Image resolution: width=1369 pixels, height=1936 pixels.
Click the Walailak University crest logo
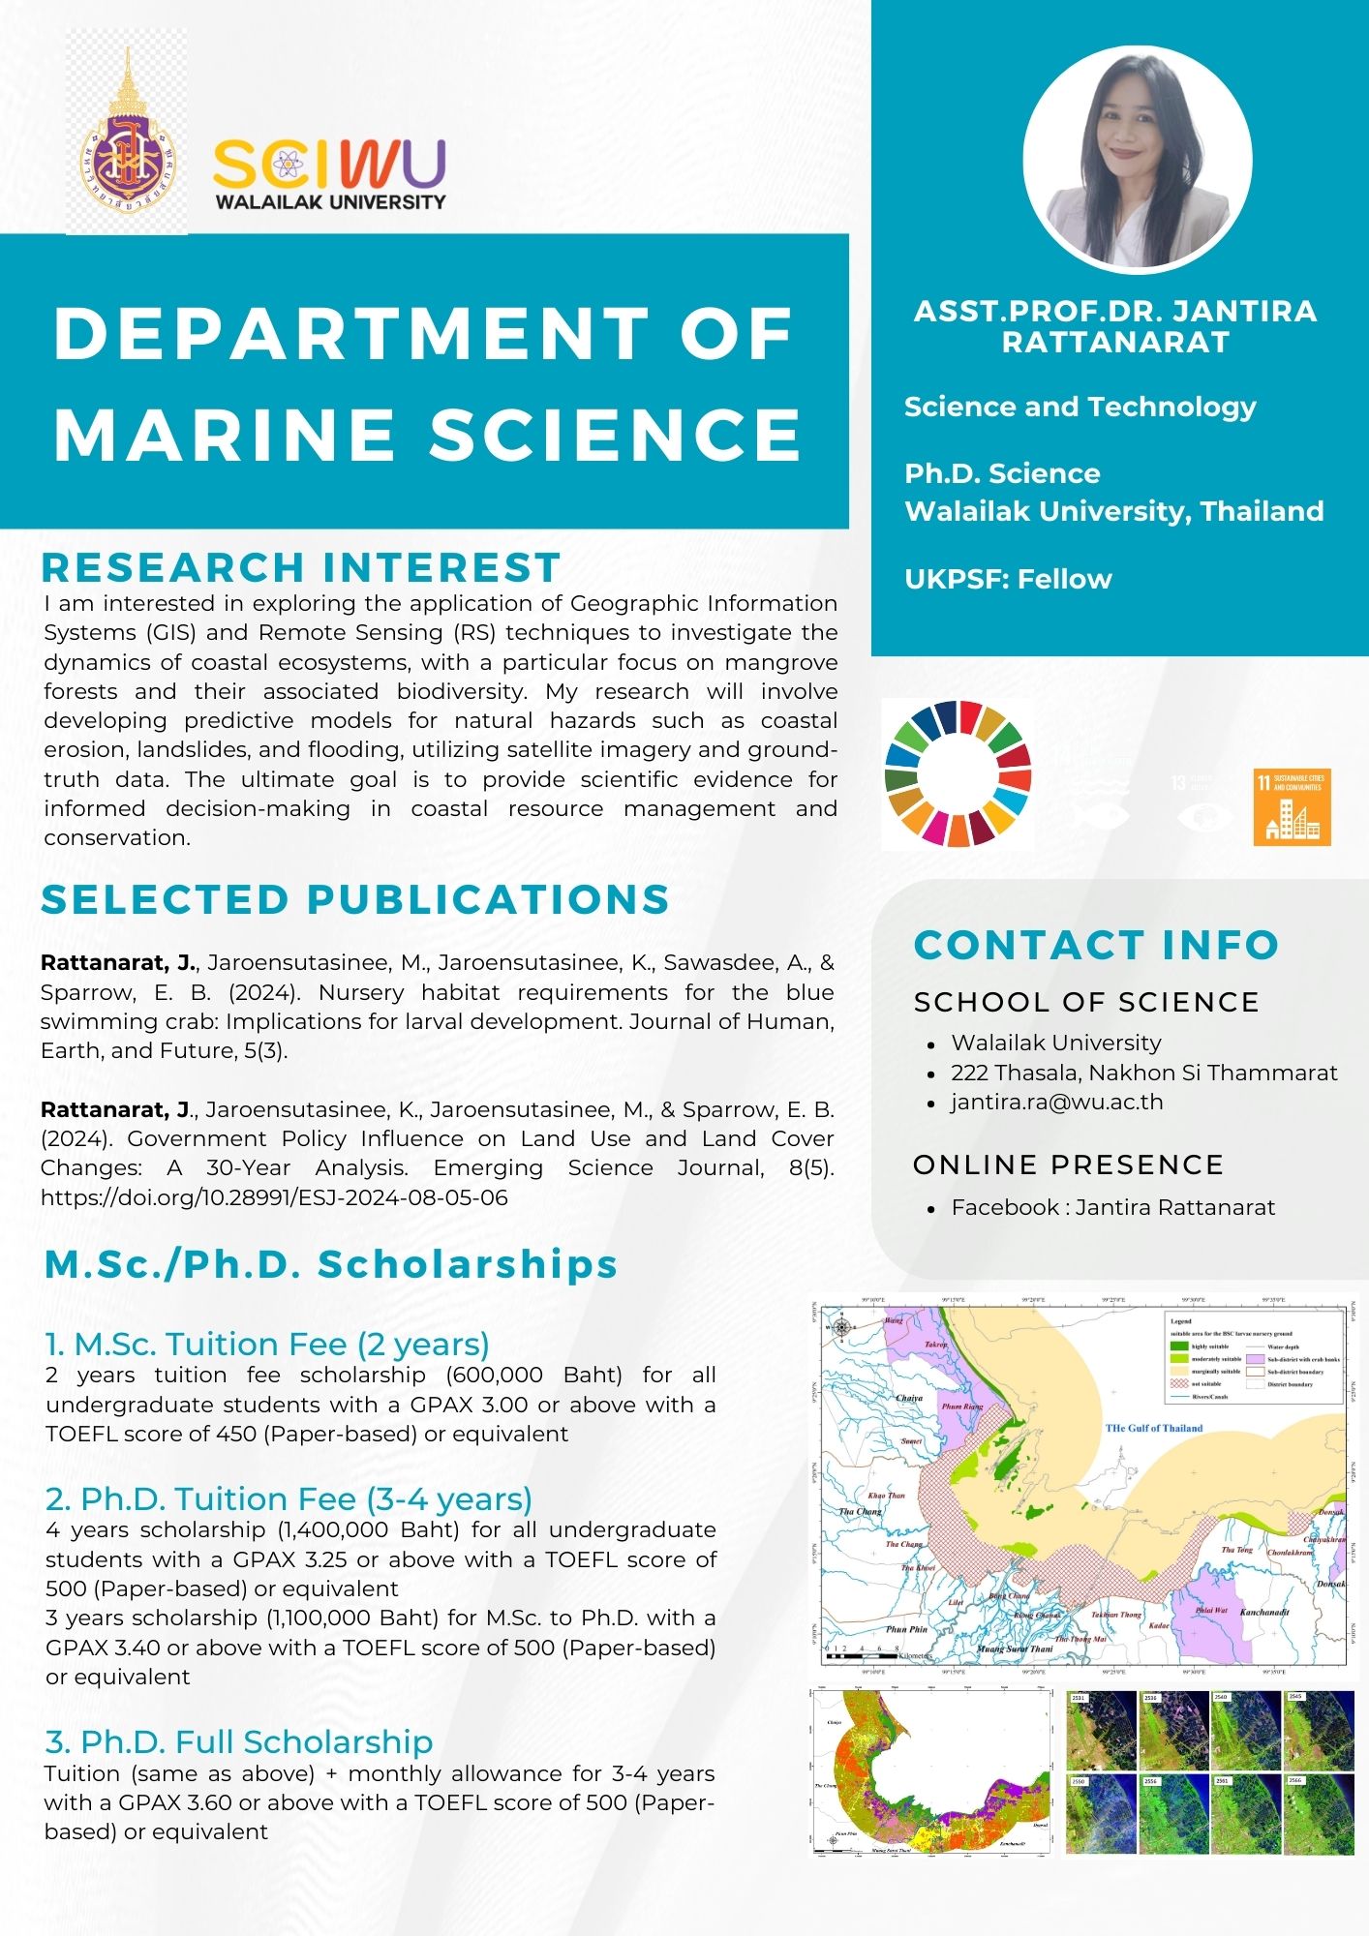click(127, 136)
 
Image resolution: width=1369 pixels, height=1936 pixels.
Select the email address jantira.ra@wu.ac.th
click(1056, 1102)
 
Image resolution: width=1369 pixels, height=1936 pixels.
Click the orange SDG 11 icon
click(1292, 807)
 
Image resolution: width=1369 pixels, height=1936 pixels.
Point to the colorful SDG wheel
click(958, 773)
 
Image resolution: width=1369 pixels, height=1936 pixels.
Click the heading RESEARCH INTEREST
click(301, 567)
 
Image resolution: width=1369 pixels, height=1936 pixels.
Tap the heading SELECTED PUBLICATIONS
click(355, 899)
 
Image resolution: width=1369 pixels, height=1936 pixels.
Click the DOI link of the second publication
click(274, 1197)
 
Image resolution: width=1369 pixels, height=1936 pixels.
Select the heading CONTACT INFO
click(1096, 945)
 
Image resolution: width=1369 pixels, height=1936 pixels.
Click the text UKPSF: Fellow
click(1008, 579)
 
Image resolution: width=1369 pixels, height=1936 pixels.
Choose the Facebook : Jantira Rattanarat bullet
click(1112, 1207)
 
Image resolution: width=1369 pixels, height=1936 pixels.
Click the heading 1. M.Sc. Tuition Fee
click(267, 1344)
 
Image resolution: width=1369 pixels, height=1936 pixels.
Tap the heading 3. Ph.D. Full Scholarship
click(239, 1741)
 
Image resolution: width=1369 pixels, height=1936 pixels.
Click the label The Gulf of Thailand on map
click(1153, 1428)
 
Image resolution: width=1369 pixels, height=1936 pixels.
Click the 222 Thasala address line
click(1143, 1073)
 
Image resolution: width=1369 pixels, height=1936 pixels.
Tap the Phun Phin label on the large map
click(905, 1629)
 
